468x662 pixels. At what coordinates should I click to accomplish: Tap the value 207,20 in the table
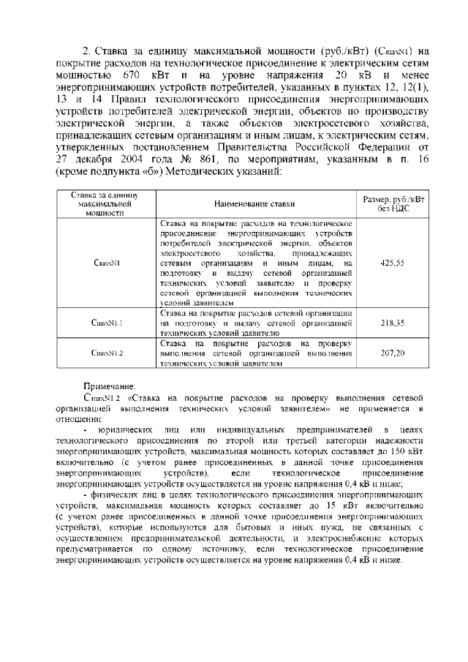pos(394,352)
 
